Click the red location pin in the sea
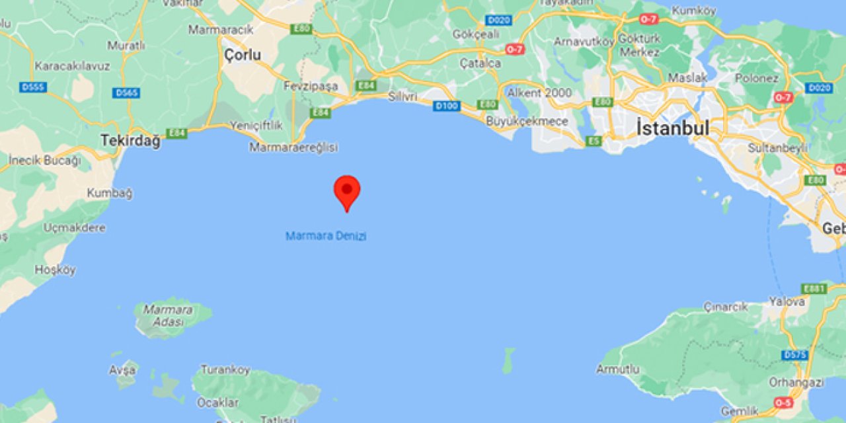pyautogui.click(x=347, y=191)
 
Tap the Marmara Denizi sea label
pyautogui.click(x=326, y=236)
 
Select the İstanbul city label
pyautogui.click(x=673, y=128)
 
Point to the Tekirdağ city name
pyautogui.click(x=130, y=141)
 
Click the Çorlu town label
pyautogui.click(x=243, y=56)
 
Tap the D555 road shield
pyautogui.click(x=33, y=87)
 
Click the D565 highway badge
pyautogui.click(x=126, y=93)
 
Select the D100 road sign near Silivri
pyautogui.click(x=447, y=106)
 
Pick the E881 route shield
pyautogui.click(x=814, y=289)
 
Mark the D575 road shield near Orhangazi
pyautogui.click(x=794, y=355)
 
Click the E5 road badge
pyautogui.click(x=594, y=141)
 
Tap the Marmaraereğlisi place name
pyautogui.click(x=293, y=147)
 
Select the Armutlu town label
pyautogui.click(x=618, y=369)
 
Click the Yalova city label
pyautogui.click(x=787, y=301)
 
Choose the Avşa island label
pyautogui.click(x=123, y=369)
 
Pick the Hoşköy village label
pyautogui.click(x=56, y=270)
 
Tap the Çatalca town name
pyautogui.click(x=481, y=63)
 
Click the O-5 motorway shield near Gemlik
pyautogui.click(x=783, y=403)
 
